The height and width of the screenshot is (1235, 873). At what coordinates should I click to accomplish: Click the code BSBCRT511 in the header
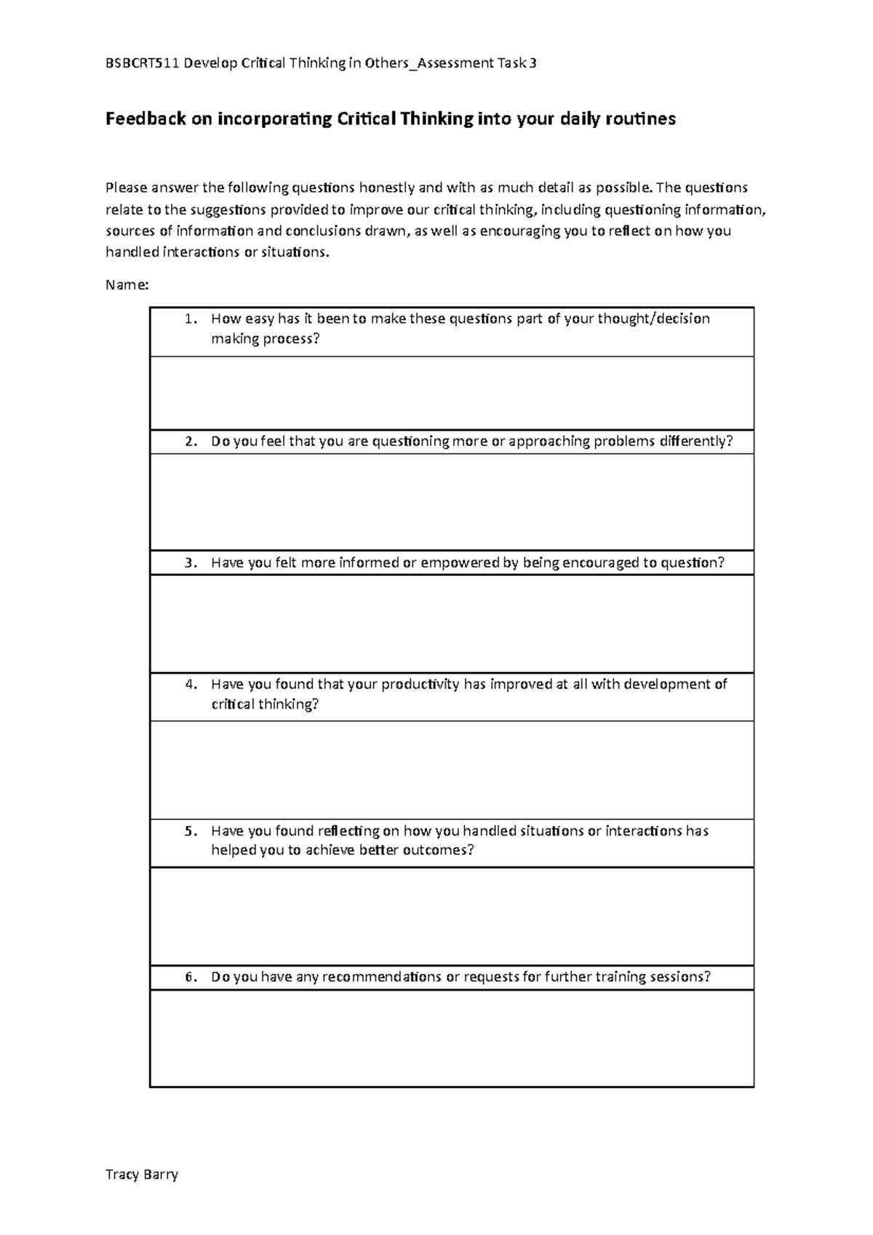click(143, 63)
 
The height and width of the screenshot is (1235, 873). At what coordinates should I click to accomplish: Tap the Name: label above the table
click(127, 285)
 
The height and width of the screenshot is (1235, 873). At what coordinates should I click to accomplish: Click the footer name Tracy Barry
click(142, 1174)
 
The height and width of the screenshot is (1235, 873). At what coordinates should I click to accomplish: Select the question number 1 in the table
click(190, 319)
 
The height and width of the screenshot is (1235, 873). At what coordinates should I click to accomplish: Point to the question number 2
click(190, 441)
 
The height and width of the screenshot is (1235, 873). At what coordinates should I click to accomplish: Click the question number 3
click(190, 562)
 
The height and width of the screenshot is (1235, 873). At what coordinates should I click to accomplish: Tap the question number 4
click(190, 684)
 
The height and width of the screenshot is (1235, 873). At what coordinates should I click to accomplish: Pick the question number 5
click(190, 831)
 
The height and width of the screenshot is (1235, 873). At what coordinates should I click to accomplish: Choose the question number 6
click(190, 977)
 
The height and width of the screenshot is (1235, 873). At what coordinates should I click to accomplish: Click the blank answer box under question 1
click(451, 393)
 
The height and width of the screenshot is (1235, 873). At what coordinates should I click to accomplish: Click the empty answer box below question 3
click(451, 623)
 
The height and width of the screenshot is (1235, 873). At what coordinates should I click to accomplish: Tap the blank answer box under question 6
click(451, 1038)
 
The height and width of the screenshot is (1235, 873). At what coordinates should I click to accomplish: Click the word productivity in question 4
click(420, 684)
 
